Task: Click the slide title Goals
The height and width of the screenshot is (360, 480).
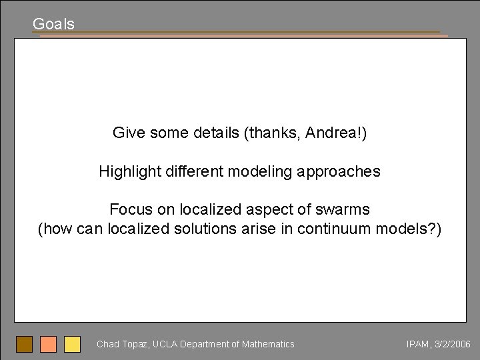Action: [x=53, y=24]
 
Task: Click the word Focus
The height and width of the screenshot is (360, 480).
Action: [x=130, y=209]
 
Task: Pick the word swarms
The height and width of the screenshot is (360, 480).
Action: [x=345, y=209]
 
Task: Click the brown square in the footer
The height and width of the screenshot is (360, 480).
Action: [x=24, y=344]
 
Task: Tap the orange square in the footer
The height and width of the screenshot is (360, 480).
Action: [x=48, y=344]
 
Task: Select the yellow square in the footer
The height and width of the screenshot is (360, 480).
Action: [x=72, y=344]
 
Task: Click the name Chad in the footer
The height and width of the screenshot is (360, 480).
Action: [x=107, y=344]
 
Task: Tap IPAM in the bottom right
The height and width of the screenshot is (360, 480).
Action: [x=416, y=344]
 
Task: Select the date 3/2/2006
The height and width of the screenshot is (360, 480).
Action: [x=452, y=344]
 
